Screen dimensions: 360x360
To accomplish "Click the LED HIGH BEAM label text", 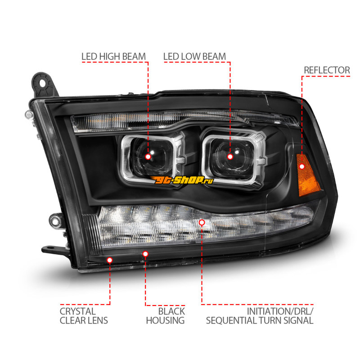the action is pyautogui.click(x=114, y=57).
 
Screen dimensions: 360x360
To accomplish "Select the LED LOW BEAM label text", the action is pyautogui.click(x=195, y=57).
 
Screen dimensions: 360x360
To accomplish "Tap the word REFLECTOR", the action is pyautogui.click(x=327, y=70).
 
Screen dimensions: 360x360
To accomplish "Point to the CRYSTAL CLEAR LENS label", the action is pyautogui.click(x=84, y=316).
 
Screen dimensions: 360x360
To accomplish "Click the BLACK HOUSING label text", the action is pyautogui.click(x=165, y=316).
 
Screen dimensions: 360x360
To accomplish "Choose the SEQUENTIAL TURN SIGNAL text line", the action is pyautogui.click(x=260, y=320).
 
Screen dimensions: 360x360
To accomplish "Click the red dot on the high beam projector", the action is pyautogui.click(x=148, y=157).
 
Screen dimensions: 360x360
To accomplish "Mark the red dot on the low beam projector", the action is pyautogui.click(x=230, y=157).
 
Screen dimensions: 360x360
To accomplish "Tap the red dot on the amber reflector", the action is pyautogui.click(x=302, y=166).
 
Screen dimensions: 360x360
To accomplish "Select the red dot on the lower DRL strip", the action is pyautogui.click(x=202, y=222).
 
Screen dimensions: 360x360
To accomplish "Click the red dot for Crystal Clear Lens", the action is pyautogui.click(x=110, y=260).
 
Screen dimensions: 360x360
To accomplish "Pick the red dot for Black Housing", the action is pyautogui.click(x=145, y=254).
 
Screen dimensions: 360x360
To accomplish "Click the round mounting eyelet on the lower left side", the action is pyautogui.click(x=55, y=221).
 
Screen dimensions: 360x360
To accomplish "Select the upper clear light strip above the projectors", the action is pyautogui.click(x=184, y=121).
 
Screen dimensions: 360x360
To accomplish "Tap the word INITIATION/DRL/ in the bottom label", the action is pyautogui.click(x=280, y=311).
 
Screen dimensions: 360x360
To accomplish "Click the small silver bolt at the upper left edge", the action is pyautogui.click(x=29, y=114).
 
